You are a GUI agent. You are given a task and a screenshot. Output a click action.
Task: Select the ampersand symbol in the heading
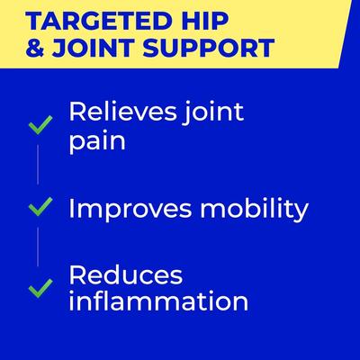click(39, 47)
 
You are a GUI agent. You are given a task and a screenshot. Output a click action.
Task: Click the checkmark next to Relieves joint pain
click(40, 125)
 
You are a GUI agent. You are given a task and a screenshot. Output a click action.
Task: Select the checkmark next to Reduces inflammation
click(40, 288)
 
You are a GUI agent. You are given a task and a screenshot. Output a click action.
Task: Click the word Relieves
click(119, 114)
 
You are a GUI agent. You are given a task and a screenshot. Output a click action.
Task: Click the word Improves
click(127, 210)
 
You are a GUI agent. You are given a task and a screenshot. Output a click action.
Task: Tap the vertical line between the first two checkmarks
click(40, 166)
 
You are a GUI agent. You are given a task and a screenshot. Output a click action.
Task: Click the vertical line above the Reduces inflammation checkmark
click(40, 247)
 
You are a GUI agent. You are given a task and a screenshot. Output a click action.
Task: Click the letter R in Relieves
click(77, 114)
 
